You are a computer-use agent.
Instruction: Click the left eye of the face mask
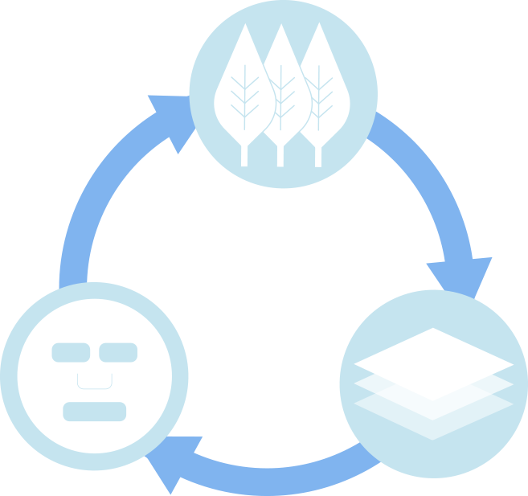(x=71, y=352)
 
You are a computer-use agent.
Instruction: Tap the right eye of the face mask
(x=118, y=352)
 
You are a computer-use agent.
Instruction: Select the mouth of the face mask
(x=95, y=411)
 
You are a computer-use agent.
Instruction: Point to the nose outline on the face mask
(x=94, y=381)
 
